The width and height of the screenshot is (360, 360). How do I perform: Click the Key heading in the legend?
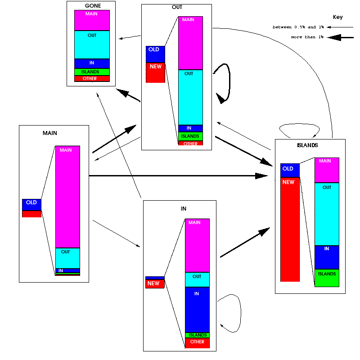pos(337,17)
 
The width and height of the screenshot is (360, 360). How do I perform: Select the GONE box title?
pos(93,6)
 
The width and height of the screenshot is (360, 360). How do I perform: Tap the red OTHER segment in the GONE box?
pos(92,79)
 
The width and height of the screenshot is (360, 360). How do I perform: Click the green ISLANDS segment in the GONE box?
pos(92,72)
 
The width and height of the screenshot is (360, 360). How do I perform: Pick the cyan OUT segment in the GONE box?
pos(92,44)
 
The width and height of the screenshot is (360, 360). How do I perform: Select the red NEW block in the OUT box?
pos(155,72)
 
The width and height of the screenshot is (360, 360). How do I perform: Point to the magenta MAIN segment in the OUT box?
pos(190,43)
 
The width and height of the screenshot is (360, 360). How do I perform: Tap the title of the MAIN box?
pos(50,133)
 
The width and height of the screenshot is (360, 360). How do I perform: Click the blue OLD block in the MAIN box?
pos(31,205)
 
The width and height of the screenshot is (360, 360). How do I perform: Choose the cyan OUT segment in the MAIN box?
pos(67,258)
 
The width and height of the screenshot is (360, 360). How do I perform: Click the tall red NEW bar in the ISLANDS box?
pos(290,229)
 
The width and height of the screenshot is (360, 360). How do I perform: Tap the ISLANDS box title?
pos(308,145)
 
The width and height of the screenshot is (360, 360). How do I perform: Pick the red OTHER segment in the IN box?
pos(197,343)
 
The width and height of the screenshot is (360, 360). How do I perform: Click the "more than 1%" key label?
pos(307,37)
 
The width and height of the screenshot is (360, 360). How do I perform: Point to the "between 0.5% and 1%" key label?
pos(298,27)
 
